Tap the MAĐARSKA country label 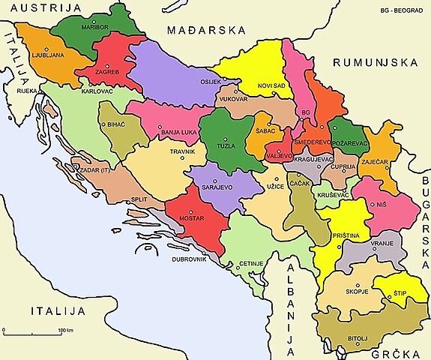coord(208,31)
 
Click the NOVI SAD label coord(268,85)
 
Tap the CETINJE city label coord(250,264)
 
